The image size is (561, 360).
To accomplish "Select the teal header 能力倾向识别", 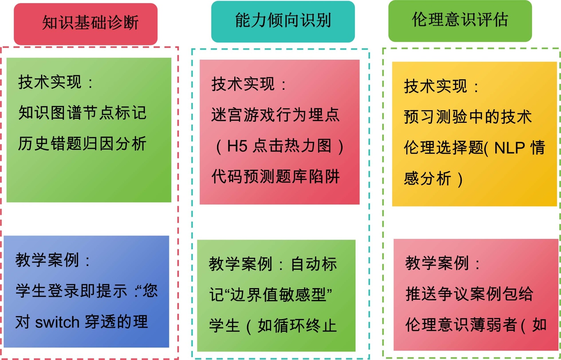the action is [x=283, y=20].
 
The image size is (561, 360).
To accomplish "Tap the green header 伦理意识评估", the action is [x=460, y=20].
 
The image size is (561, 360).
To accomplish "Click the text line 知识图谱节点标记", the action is [x=82, y=113].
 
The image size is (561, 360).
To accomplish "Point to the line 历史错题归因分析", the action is [x=82, y=144].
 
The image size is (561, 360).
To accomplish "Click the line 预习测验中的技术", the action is [x=468, y=117].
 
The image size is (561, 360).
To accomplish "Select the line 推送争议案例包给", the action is [x=469, y=294].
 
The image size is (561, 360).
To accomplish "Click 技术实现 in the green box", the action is [x=50, y=82].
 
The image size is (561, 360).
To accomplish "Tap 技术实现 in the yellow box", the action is [x=435, y=86].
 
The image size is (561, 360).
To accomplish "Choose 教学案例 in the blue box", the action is [x=47, y=260].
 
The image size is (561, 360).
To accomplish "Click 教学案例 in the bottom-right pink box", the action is [x=437, y=263].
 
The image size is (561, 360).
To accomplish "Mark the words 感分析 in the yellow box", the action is [x=427, y=179].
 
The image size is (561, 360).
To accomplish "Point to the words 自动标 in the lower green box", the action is [x=314, y=264].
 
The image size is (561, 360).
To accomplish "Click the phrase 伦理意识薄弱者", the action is [x=461, y=325].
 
